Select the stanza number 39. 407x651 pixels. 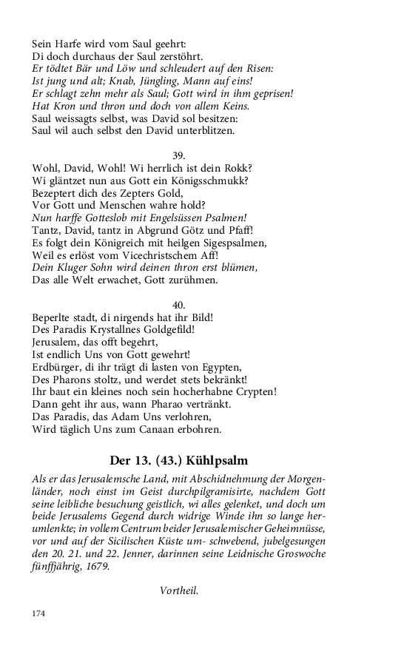tap(178, 156)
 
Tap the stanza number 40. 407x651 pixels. tap(178, 305)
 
